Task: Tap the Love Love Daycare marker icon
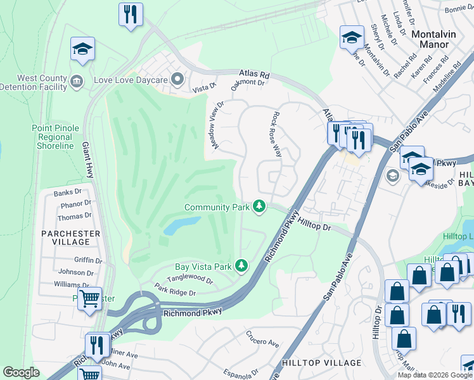pos(177,80)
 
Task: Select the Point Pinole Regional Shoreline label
pos(56,137)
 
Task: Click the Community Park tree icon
pos(259,206)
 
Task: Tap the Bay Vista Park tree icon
pos(241,266)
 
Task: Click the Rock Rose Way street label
pos(276,135)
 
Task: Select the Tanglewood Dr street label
pos(189,278)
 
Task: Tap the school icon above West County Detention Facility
pos(82,49)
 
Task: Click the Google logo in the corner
pos(22,372)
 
